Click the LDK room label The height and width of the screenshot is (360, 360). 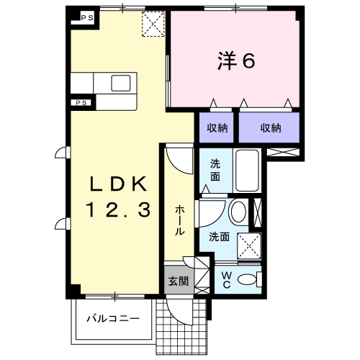[x=119, y=184]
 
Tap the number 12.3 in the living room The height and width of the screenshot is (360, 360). [x=119, y=211]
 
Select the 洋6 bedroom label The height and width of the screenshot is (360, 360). [x=236, y=62]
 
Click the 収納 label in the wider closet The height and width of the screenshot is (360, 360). [x=270, y=128]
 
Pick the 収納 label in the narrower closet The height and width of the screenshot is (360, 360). [x=218, y=128]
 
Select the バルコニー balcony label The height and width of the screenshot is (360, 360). [x=112, y=318]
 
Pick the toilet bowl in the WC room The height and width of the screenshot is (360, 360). [x=248, y=279]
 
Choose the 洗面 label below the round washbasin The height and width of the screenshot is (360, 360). [x=219, y=236]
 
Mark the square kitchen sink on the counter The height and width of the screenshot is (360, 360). [x=120, y=83]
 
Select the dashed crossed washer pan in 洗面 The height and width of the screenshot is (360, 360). [x=250, y=246]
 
